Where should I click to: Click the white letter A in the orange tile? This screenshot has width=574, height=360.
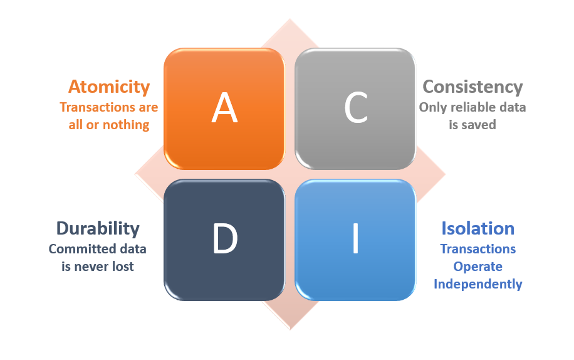pyautogui.click(x=224, y=107)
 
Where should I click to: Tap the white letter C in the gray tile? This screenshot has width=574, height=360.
pyautogui.click(x=356, y=107)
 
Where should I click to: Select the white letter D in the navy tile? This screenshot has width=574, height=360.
pyautogui.click(x=225, y=238)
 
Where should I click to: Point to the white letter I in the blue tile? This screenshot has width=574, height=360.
pyautogui.click(x=355, y=238)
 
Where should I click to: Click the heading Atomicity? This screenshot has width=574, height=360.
pyautogui.click(x=109, y=87)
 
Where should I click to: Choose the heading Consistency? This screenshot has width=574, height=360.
pyautogui.click(x=472, y=87)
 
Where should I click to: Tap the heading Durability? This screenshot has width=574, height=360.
pyautogui.click(x=98, y=228)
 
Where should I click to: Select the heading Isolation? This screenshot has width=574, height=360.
pyautogui.click(x=477, y=228)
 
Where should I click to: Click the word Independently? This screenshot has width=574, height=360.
pyautogui.click(x=477, y=284)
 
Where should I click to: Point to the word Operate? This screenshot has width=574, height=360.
pyautogui.click(x=477, y=267)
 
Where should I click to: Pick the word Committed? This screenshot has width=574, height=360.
pyautogui.click(x=77, y=249)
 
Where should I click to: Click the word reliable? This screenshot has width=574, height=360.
pyautogui.click(x=474, y=107)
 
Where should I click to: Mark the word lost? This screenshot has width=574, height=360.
pyautogui.click(x=123, y=267)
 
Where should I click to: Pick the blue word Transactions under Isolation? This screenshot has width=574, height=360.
pyautogui.click(x=477, y=249)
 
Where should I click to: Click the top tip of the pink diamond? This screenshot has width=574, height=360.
pyautogui.click(x=290, y=19)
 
